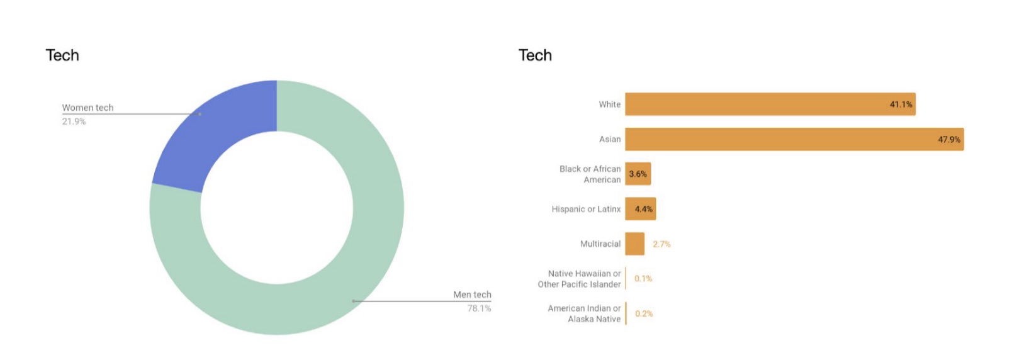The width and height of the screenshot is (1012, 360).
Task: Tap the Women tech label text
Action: point(87,108)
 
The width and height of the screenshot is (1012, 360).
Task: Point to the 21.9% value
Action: point(74,121)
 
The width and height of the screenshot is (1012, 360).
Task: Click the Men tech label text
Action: point(472,295)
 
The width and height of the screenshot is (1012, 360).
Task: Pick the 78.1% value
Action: point(479,308)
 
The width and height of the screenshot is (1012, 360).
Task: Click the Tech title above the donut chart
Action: point(62,55)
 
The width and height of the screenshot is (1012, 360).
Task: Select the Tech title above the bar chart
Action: point(535,55)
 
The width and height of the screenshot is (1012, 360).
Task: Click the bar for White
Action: point(755,104)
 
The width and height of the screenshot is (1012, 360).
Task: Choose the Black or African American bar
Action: point(638,174)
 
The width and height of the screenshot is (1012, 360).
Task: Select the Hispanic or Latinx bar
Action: point(640,209)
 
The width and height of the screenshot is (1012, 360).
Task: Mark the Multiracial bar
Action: point(634,244)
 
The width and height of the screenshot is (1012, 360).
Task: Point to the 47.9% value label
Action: point(949,140)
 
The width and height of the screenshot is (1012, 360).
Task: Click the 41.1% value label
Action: point(901,104)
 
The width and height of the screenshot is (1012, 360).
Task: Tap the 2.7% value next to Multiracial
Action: point(661,244)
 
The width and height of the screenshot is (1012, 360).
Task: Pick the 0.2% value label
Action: point(644,313)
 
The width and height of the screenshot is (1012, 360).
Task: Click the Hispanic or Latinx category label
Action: point(586,209)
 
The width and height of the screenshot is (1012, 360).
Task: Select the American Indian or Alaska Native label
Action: point(584,313)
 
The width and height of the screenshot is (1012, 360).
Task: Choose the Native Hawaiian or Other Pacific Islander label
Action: point(580,279)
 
